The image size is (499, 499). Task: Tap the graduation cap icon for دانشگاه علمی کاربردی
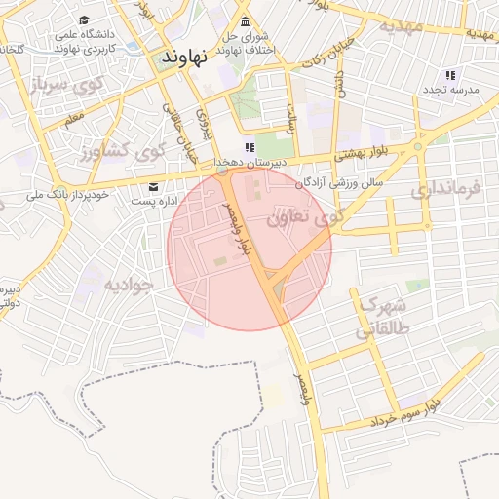pos(84,20)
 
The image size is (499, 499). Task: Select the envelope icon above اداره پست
pos(152,186)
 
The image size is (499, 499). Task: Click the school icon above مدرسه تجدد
pos(449,75)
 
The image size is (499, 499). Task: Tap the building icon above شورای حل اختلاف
pos(243,22)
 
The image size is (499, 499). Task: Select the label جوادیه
pos(130,285)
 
